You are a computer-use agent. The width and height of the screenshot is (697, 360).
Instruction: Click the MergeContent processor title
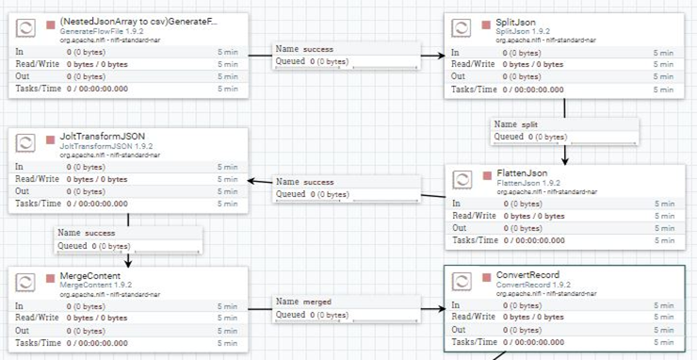(93, 275)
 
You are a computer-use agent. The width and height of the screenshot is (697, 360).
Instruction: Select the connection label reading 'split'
(529, 124)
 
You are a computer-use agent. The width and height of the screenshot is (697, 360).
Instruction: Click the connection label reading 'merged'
(318, 302)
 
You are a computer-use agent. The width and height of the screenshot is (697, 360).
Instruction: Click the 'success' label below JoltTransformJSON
(100, 232)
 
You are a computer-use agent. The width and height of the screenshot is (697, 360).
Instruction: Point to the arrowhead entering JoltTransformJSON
(252, 180)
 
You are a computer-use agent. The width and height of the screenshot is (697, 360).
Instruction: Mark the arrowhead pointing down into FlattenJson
(564, 159)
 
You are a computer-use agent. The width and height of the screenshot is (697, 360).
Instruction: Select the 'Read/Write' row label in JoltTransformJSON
(37, 178)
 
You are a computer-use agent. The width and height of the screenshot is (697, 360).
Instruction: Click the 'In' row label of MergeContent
(20, 305)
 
